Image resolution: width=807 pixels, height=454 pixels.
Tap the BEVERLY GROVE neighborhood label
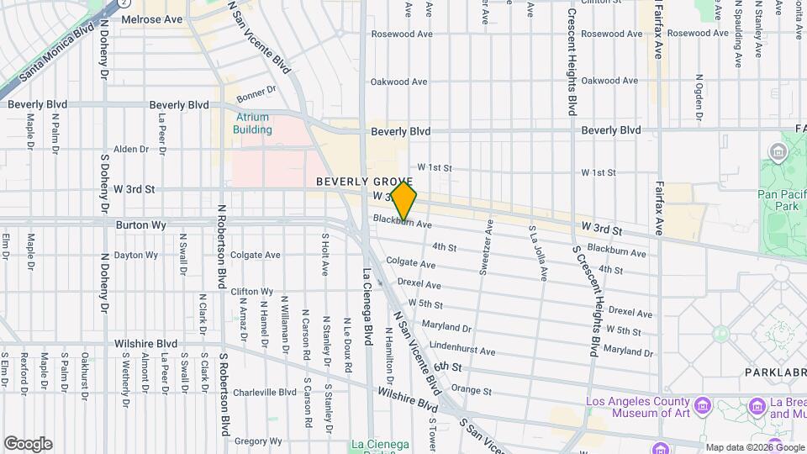coord(364,182)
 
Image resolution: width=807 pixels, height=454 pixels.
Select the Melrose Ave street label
coord(151,18)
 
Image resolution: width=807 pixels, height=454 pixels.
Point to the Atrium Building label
coord(252,124)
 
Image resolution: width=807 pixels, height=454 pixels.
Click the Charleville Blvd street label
coord(265,392)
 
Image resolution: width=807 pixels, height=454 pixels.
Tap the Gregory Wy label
coord(257,441)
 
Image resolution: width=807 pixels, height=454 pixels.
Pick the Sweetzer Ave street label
coord(485,248)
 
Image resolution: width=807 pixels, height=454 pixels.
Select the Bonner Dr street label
coord(256,91)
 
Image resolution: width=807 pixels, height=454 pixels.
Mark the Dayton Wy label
coord(135,255)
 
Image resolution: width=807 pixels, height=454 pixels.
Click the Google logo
coord(28,444)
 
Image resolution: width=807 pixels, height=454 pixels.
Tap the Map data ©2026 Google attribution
coord(753,447)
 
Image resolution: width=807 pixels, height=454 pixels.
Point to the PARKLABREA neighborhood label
coord(774,371)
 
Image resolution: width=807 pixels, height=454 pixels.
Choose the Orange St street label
coord(471,390)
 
